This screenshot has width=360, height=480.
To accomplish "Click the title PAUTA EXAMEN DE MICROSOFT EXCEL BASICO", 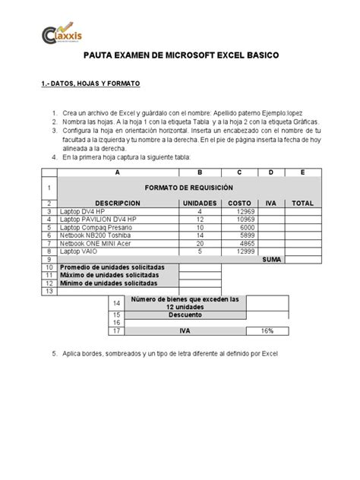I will pyautogui.click(x=180, y=56).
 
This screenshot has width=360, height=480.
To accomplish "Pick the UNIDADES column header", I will pyautogui.click(x=200, y=204).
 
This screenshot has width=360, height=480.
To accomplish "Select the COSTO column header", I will pyautogui.click(x=240, y=204).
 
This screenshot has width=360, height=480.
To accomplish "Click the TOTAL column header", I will pyautogui.click(x=302, y=204).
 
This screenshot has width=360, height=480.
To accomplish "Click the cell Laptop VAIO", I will pyautogui.click(x=80, y=251).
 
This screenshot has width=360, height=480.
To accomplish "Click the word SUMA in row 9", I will pyautogui.click(x=271, y=259).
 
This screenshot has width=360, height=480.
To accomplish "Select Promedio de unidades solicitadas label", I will pyautogui.click(x=112, y=267).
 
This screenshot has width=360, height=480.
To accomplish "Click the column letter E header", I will pyautogui.click(x=302, y=172).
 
